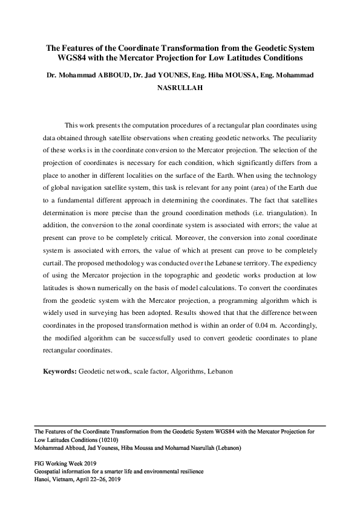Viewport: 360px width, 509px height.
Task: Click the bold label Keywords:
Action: click(x=59, y=370)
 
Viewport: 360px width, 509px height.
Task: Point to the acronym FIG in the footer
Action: click(x=39, y=462)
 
